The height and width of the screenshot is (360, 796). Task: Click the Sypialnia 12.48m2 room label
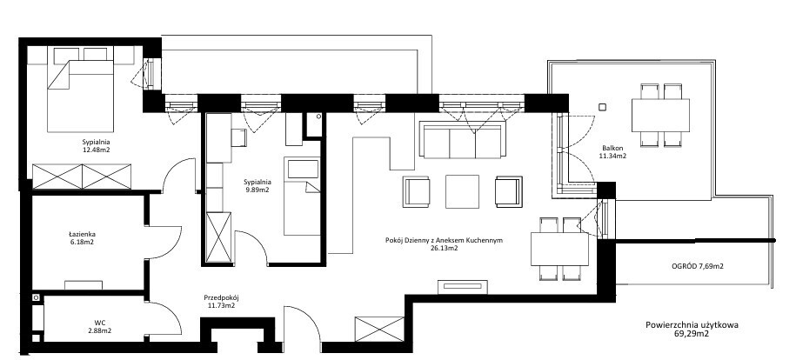(x=97, y=146)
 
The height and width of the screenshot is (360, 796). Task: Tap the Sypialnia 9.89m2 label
(x=257, y=186)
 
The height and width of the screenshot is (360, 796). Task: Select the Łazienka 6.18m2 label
(x=82, y=238)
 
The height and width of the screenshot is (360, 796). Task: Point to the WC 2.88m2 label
(x=99, y=326)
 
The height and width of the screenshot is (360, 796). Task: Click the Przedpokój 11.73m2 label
(x=221, y=302)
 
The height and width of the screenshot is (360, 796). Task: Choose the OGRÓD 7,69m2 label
(x=697, y=265)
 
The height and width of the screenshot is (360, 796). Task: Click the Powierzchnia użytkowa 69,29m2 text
(x=692, y=330)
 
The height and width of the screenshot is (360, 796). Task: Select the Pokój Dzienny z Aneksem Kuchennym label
(x=445, y=241)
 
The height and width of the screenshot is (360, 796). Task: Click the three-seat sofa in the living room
(x=462, y=140)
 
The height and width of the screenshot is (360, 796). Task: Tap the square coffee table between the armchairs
(x=463, y=191)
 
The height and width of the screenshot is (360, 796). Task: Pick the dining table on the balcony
(x=660, y=116)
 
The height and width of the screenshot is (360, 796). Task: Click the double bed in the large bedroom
(x=80, y=96)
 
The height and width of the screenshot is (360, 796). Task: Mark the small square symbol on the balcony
(x=603, y=107)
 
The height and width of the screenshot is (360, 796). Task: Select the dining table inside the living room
(x=560, y=249)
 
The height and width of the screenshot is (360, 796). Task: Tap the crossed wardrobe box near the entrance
(x=379, y=329)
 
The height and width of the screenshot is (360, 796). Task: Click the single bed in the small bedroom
(x=302, y=196)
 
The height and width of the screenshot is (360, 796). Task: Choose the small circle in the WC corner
(x=36, y=297)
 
